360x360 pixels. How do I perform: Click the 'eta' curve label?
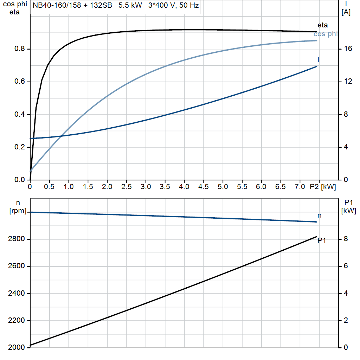[x=322, y=25]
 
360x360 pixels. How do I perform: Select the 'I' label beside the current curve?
[x=318, y=59]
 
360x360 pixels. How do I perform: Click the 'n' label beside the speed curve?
[x=319, y=216]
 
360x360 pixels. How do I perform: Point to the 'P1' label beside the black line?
[x=322, y=241]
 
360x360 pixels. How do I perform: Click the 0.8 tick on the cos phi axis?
[x=20, y=49]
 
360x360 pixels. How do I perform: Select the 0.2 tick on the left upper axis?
[x=20, y=147]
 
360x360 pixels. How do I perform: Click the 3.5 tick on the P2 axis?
[x=165, y=187]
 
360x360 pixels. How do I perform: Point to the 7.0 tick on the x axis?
[x=300, y=187]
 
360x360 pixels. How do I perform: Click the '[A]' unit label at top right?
[x=346, y=13]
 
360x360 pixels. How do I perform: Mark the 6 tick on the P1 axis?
[x=346, y=266]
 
